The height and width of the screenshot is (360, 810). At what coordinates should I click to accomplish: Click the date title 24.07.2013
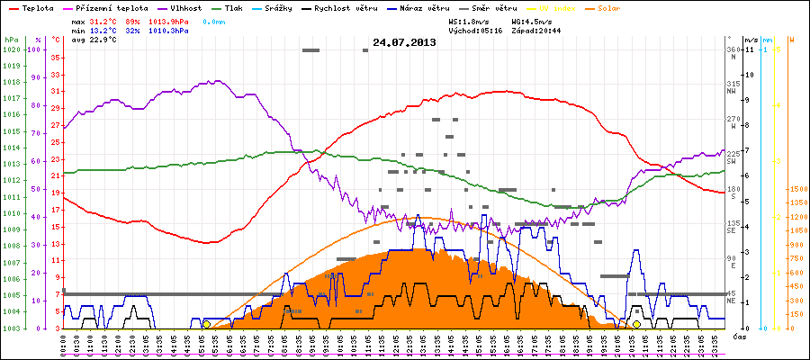(404, 42)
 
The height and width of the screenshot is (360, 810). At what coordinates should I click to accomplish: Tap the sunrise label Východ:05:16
(474, 30)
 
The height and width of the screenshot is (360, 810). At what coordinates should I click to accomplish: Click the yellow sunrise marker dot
(206, 324)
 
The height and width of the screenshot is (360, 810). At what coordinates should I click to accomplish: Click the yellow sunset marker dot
(636, 324)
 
